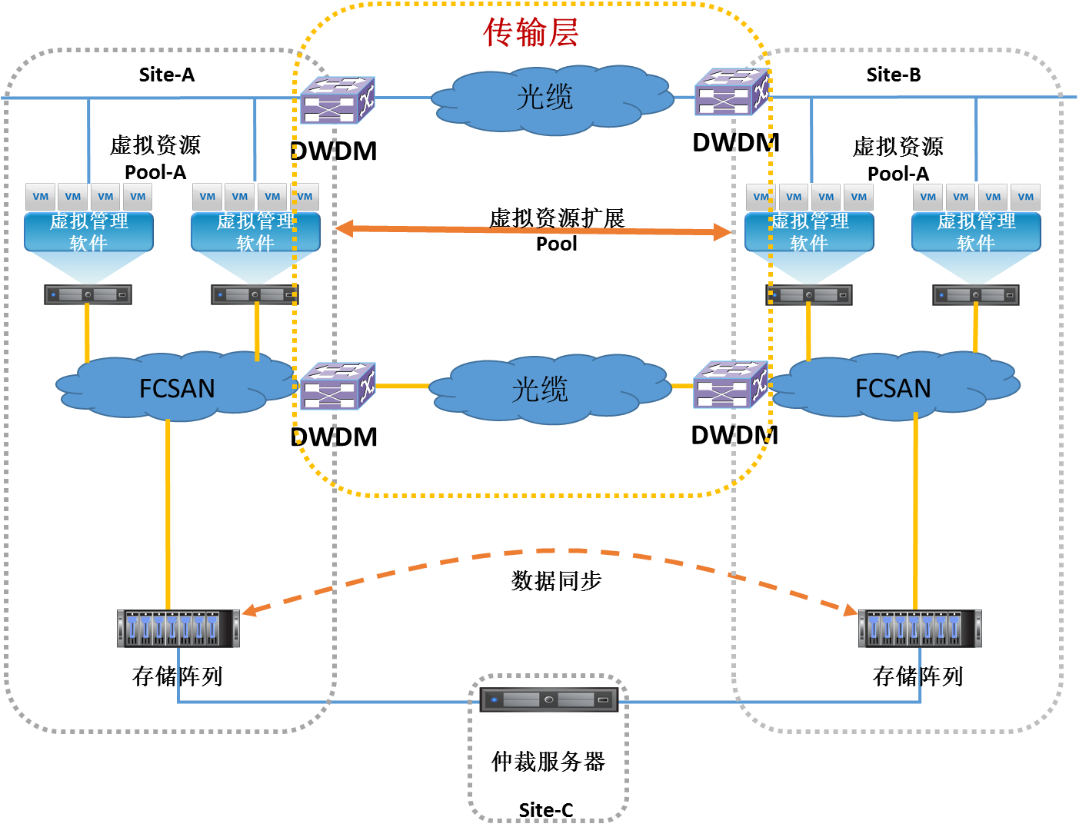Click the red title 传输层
531,33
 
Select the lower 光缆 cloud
541,389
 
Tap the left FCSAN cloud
177,387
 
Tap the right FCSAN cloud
894,387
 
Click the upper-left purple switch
337,101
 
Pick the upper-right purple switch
731,93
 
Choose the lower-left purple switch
337,387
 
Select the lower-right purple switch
731,385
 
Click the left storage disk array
178,628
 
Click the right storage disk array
920,628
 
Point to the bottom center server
548,699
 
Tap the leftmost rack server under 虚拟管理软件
88,294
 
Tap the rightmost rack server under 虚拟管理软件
976,295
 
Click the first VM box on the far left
41,197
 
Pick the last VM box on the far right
1025,197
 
